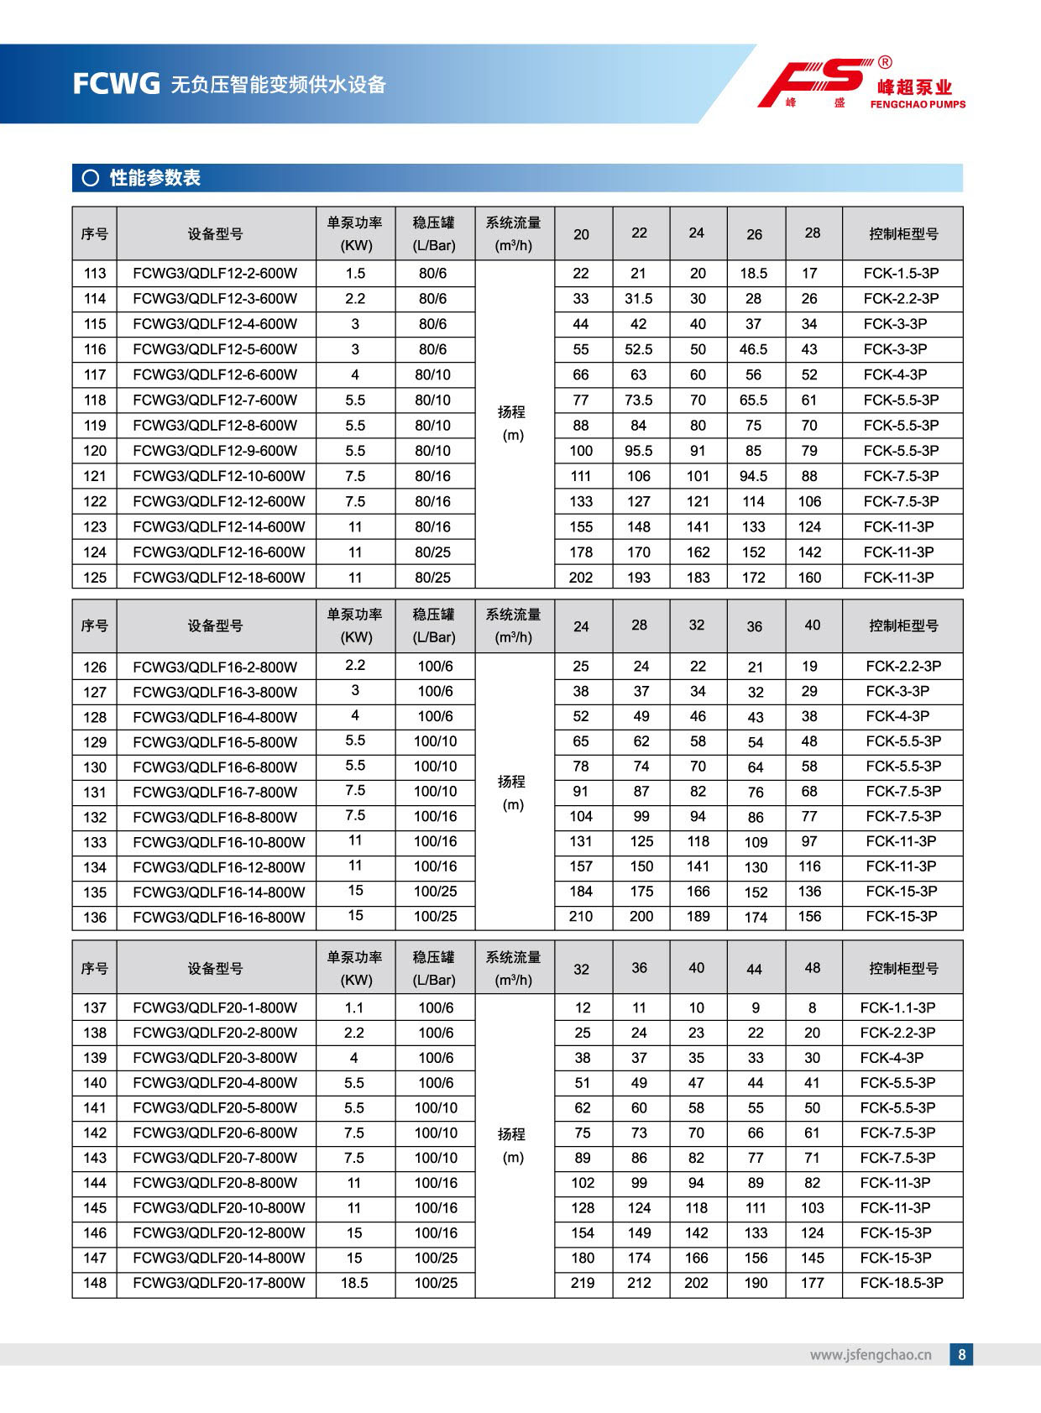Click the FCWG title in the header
116,84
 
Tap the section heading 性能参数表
154,178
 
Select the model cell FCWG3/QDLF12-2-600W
215,274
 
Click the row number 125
95,578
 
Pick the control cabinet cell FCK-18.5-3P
901,1283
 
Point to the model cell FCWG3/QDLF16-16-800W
218,918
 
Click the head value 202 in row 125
581,578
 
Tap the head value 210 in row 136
581,917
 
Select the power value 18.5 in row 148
354,1283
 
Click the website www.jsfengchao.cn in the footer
871,1354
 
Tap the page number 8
962,1354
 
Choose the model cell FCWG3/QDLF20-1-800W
215,1007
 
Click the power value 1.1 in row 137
354,1007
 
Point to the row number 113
95,274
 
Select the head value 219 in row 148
583,1283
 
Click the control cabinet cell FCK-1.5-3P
901,274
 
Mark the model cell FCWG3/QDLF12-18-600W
218,578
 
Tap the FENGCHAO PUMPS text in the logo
918,105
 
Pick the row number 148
95,1283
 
